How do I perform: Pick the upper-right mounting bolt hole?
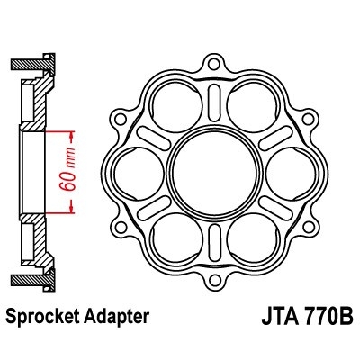(309, 116)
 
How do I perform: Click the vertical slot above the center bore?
(212, 99)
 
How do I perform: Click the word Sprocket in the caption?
(46, 317)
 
